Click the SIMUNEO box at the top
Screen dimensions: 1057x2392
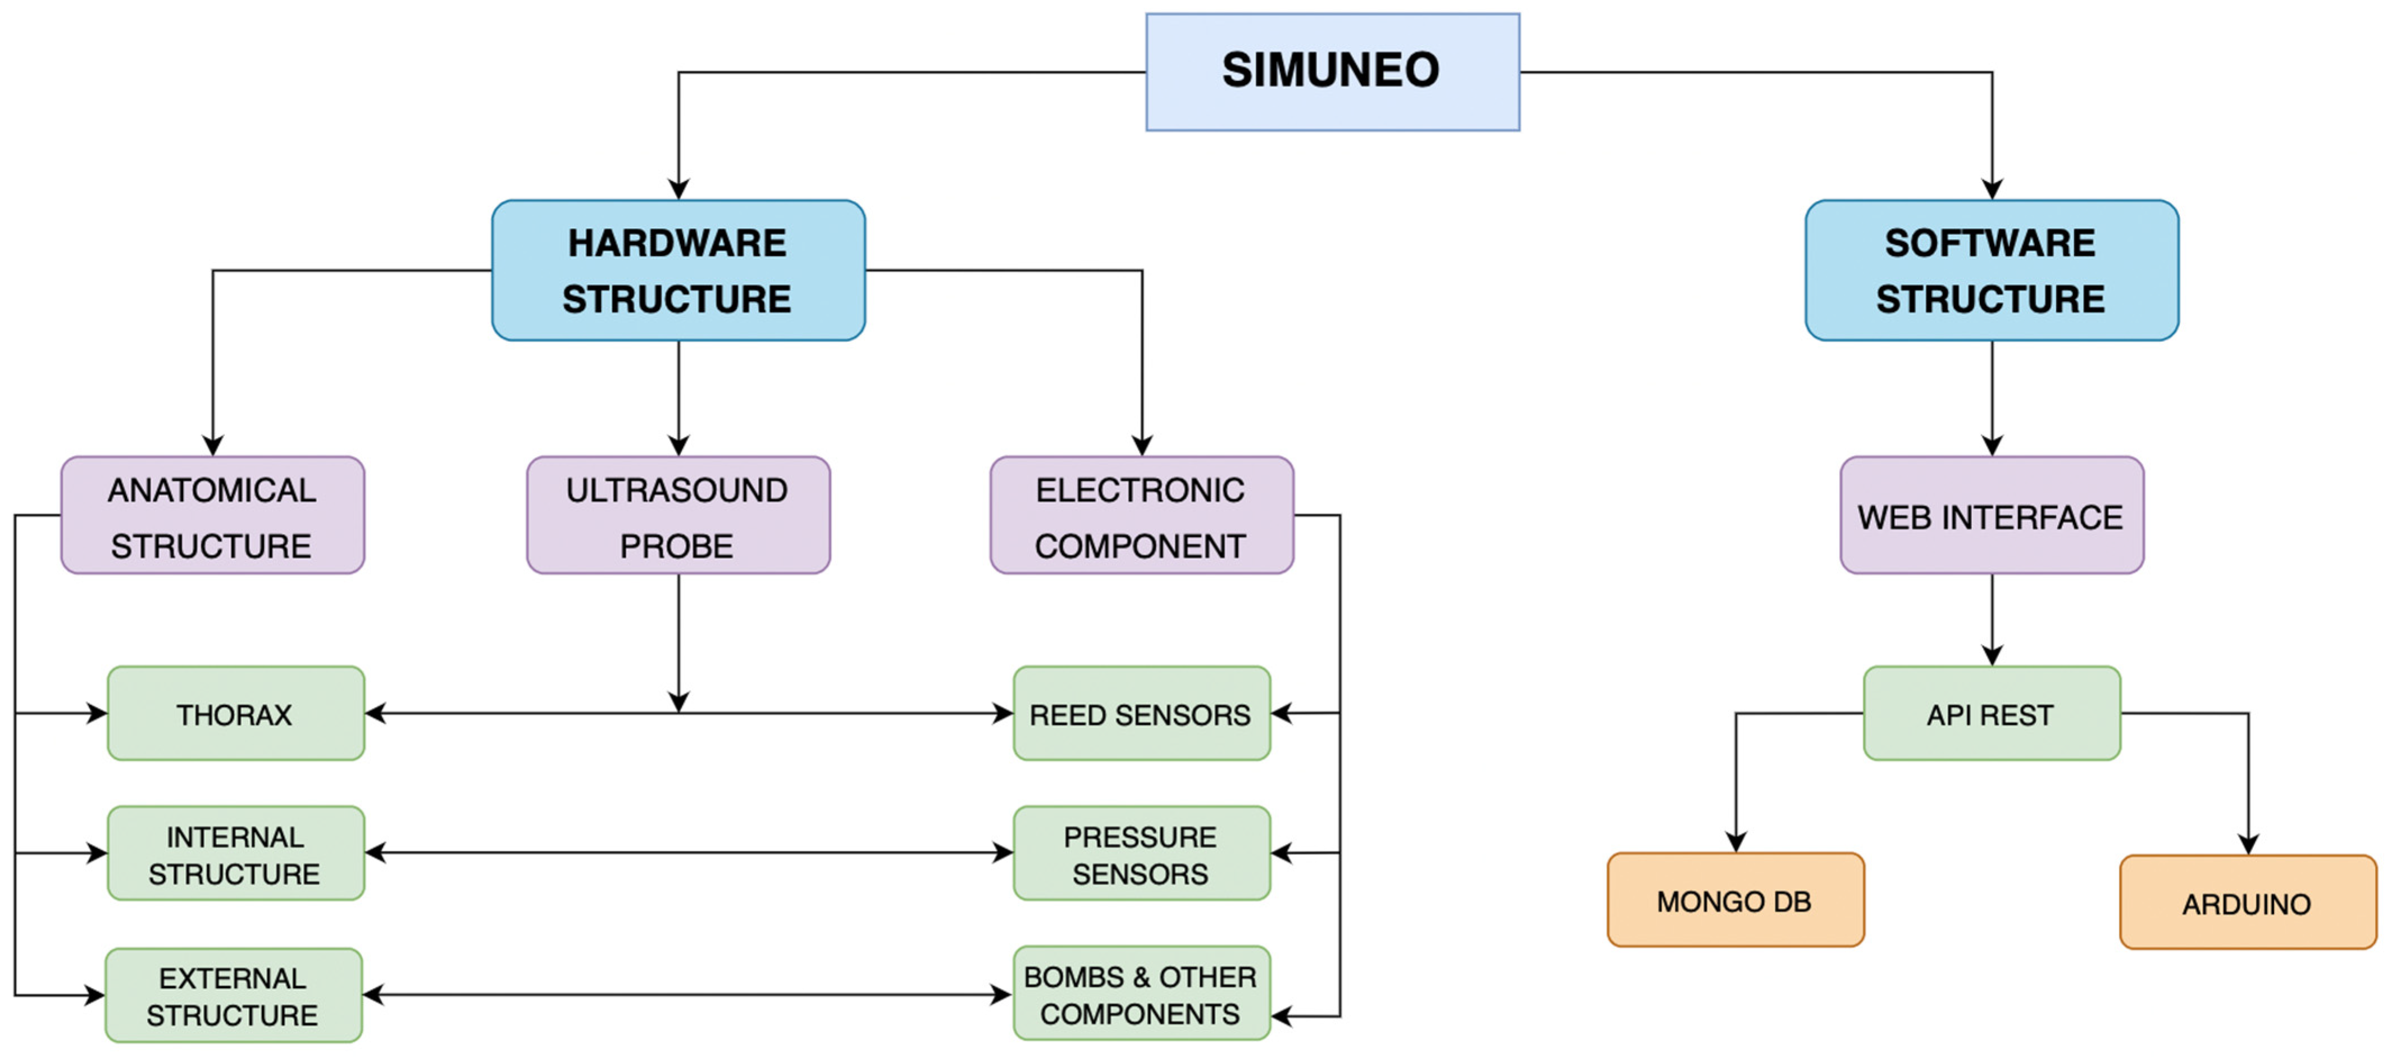(x=1332, y=71)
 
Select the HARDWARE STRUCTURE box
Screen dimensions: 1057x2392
(x=678, y=270)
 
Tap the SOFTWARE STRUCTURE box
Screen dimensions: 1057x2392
(x=1991, y=270)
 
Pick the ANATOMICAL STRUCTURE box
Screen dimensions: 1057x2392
(x=213, y=515)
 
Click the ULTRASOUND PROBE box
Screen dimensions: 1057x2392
(x=678, y=515)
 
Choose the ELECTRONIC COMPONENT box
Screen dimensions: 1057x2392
(x=1141, y=515)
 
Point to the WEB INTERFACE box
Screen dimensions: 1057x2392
(x=1991, y=515)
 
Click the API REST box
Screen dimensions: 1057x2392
(x=1991, y=713)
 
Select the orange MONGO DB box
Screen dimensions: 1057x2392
(x=1734, y=900)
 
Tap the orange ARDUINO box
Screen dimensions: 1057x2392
(x=2247, y=903)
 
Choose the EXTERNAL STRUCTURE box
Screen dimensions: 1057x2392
(x=233, y=996)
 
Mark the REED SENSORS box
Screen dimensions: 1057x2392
(x=1141, y=713)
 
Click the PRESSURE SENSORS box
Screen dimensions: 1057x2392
(x=1141, y=854)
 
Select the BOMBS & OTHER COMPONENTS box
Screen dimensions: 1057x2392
(x=1141, y=994)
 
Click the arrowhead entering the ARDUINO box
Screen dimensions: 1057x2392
(x=2247, y=843)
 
